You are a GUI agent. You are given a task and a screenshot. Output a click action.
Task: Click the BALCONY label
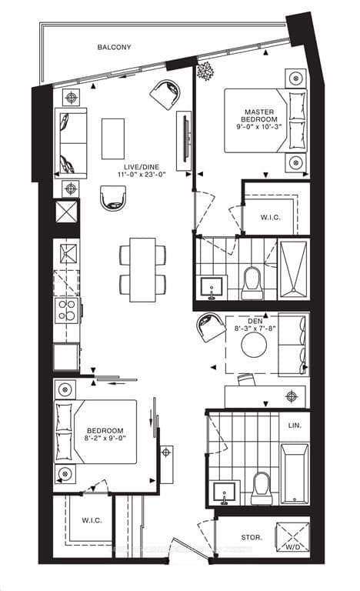114,48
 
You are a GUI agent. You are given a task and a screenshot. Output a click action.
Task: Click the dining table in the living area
142,269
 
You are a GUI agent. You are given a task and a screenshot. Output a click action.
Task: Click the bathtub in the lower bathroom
294,472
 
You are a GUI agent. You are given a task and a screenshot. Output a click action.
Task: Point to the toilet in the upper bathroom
252,283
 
